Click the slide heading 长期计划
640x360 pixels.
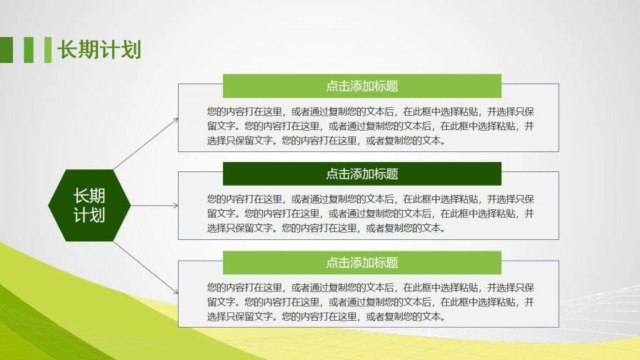[x=99, y=49]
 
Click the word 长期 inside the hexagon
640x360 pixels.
[x=89, y=196]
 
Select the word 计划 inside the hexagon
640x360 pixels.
[x=89, y=215]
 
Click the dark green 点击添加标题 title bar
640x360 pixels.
[x=361, y=174]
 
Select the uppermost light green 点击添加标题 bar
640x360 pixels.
[x=361, y=86]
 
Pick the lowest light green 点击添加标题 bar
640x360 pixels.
[x=361, y=262]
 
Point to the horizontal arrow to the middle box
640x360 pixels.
[x=153, y=206]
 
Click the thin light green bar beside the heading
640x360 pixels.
[x=48, y=50]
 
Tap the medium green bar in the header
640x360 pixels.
[x=29, y=50]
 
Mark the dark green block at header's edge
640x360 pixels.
[x=6, y=50]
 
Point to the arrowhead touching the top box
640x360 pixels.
[x=175, y=120]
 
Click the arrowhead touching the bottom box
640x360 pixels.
[x=175, y=291]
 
